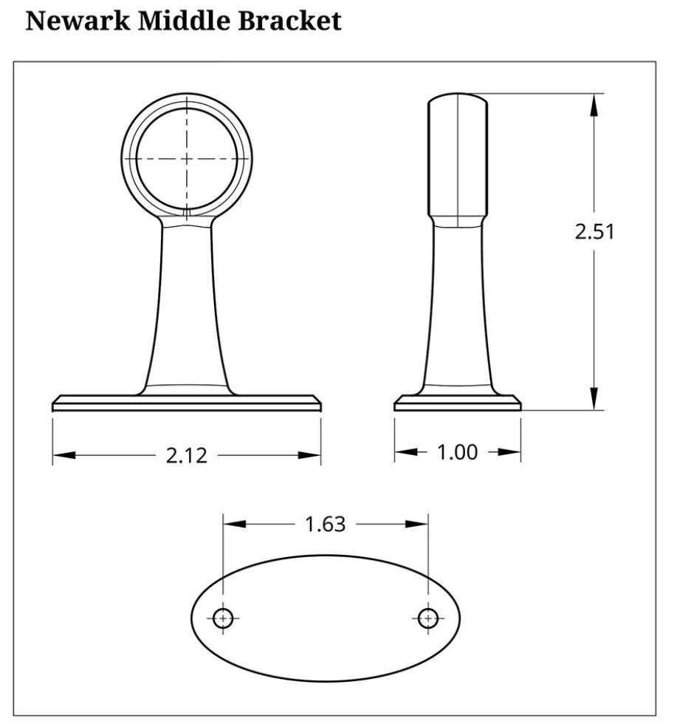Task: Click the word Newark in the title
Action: [x=78, y=21]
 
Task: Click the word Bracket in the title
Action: [x=289, y=21]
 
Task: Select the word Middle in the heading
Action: [x=185, y=21]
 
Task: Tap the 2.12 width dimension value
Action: [x=186, y=456]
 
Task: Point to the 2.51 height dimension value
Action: [x=594, y=231]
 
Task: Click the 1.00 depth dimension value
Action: [x=458, y=451]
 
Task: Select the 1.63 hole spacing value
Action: [x=325, y=524]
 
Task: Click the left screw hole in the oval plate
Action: [x=224, y=618]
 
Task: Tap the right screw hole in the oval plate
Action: [x=427, y=618]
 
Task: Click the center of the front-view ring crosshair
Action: [x=187, y=158]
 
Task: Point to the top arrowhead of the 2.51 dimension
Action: [x=593, y=103]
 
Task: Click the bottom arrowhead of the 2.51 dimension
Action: [x=593, y=400]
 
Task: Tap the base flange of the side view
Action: [x=458, y=403]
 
